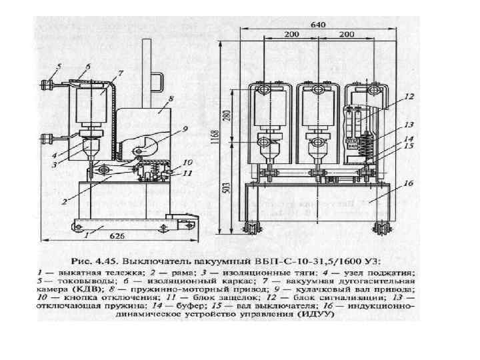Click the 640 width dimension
318,24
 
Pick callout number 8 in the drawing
171,97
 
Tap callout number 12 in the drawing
410,97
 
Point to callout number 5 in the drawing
59,66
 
